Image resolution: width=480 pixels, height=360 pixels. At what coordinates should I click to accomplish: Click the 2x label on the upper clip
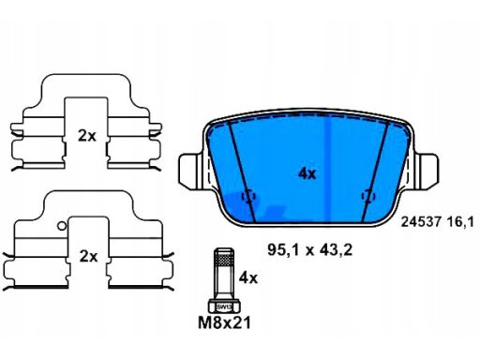[x=87, y=136]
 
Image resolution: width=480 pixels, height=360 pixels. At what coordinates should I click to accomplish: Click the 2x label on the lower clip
[x=88, y=257]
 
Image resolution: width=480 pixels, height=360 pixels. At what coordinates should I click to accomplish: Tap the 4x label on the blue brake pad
[x=307, y=173]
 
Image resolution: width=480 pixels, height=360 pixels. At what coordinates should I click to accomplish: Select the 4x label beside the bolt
[x=248, y=277]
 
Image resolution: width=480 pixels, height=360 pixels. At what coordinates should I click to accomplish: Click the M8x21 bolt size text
[x=224, y=322]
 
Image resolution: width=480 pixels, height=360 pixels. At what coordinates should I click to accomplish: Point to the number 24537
[x=421, y=222]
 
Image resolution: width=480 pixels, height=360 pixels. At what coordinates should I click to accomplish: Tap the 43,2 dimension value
[x=337, y=250]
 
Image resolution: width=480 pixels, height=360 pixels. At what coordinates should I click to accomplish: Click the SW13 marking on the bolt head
[x=224, y=307]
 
